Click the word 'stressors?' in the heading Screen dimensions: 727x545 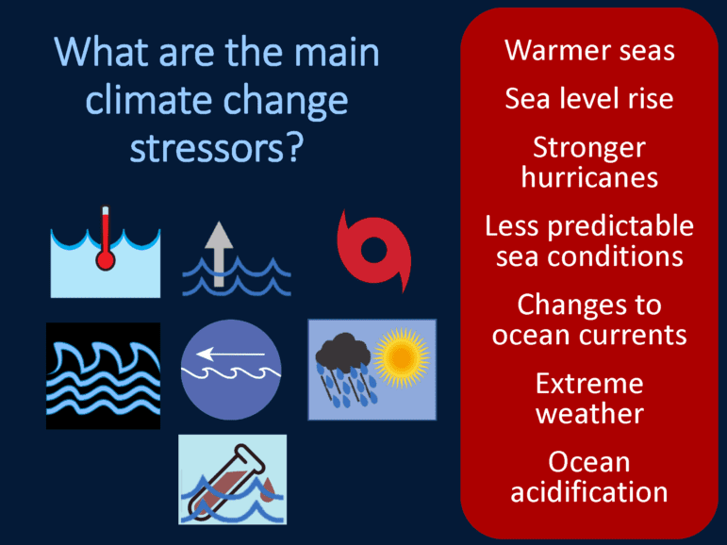(x=217, y=148)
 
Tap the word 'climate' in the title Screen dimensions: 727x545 (x=147, y=101)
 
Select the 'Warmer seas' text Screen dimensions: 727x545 (x=589, y=50)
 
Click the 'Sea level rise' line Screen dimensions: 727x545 (x=588, y=98)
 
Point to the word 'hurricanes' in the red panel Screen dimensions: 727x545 (x=589, y=177)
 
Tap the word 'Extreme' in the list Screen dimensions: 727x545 (x=589, y=384)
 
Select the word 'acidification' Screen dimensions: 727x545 (x=588, y=491)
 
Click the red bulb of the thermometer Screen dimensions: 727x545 (x=106, y=260)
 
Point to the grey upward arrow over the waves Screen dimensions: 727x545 (x=219, y=254)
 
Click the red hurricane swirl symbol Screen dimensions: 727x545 (x=373, y=251)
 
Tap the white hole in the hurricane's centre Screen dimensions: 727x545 (x=373, y=251)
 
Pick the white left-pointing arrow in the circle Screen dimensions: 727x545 (x=230, y=355)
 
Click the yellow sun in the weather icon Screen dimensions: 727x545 (x=402, y=357)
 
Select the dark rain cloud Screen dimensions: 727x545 (x=342, y=350)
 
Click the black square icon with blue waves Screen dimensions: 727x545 (x=104, y=375)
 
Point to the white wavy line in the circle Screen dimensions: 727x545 (x=230, y=372)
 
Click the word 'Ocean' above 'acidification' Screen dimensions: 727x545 (x=588, y=462)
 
